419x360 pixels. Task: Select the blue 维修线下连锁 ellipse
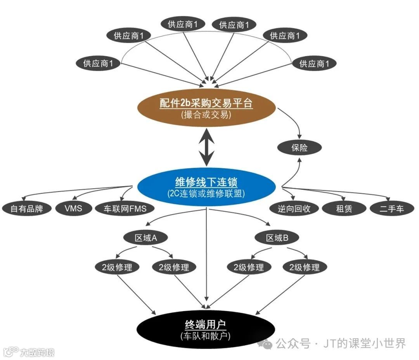coord(206,186)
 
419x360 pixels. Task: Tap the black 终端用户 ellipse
coord(206,329)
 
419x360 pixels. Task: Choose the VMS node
coord(74,208)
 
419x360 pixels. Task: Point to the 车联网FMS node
coord(125,208)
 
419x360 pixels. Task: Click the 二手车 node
coord(392,208)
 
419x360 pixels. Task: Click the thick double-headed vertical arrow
coord(206,147)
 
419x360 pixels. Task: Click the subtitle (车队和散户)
coord(206,336)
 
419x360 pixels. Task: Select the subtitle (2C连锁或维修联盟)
coord(206,193)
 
